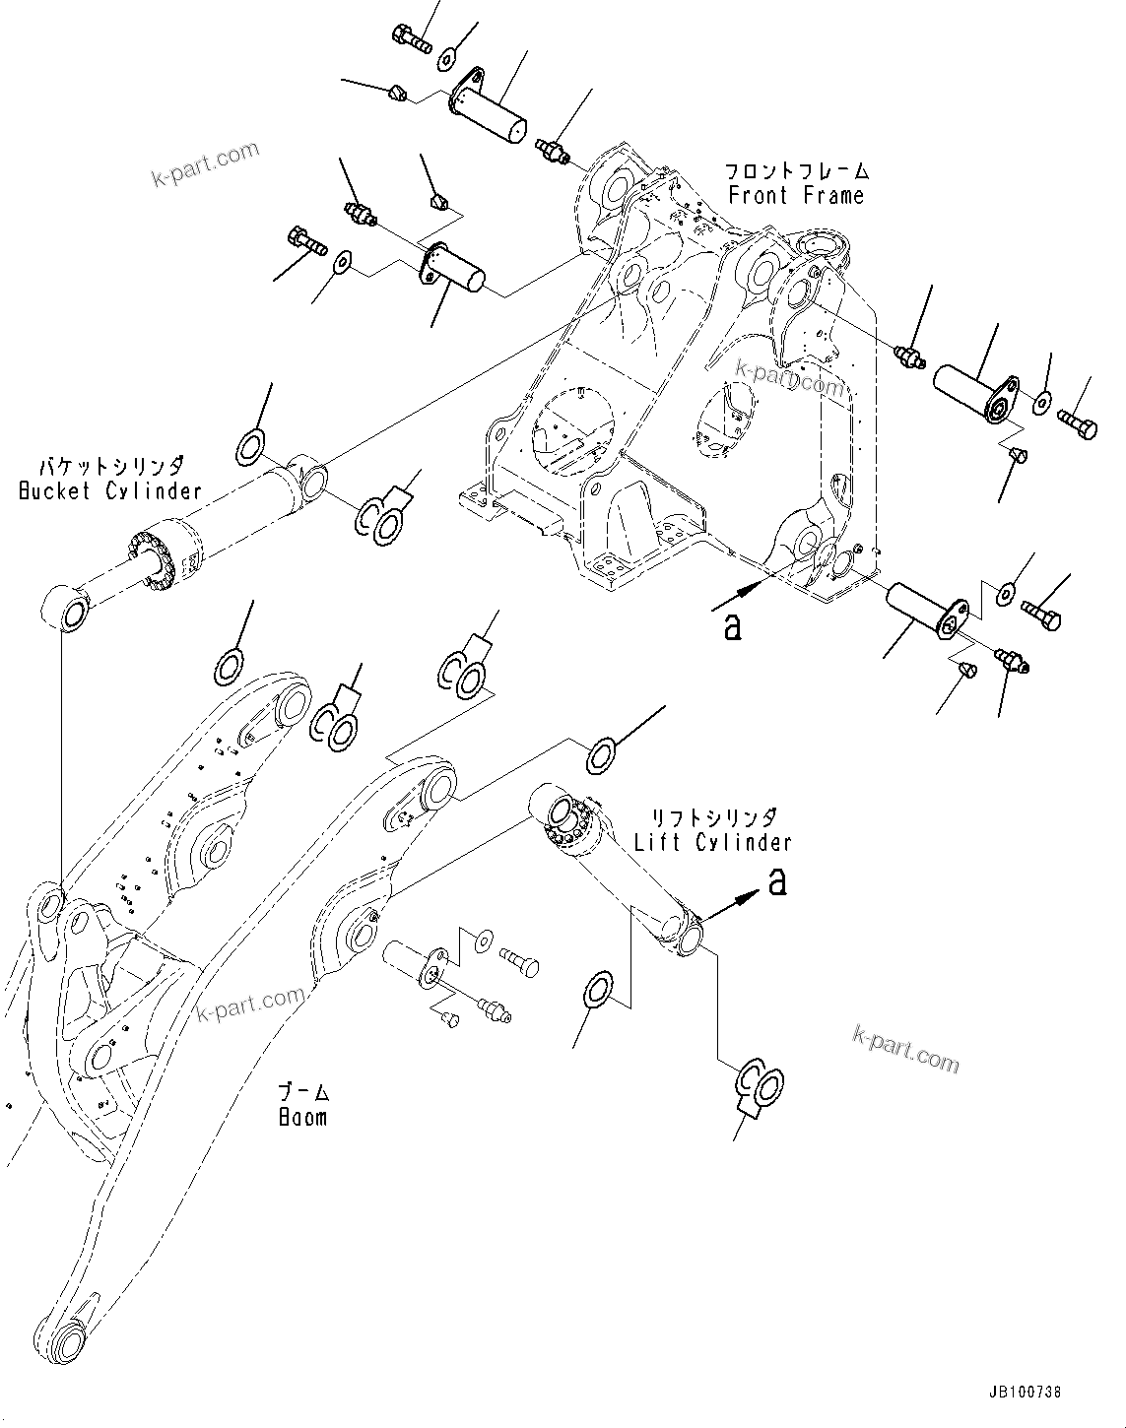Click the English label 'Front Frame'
[x=796, y=195]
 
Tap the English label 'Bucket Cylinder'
[x=109, y=489]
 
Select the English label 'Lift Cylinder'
[x=711, y=842]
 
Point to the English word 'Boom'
[x=301, y=1118]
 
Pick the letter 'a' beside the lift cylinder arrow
[x=777, y=882]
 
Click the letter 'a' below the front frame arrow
[x=732, y=626]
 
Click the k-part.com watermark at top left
[x=205, y=163]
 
